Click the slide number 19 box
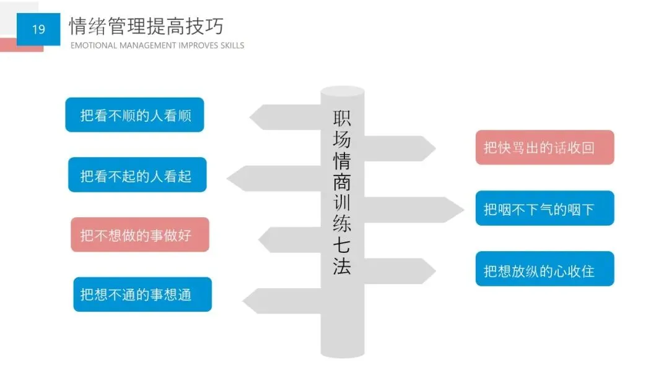coord(38,29)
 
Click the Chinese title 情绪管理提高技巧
coord(146,26)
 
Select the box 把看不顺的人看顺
coord(134,115)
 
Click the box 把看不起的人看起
coord(137,175)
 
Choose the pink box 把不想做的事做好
coord(139,234)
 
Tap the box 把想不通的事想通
coord(142,294)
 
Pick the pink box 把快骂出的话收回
coord(544,147)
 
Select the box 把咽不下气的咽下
coord(544,208)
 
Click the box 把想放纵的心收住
coord(544,269)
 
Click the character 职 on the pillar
coord(342,117)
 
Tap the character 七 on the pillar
coord(342,245)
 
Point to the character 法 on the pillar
coord(342,267)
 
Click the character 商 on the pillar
coord(342,181)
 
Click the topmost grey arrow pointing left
coord(285,117)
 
